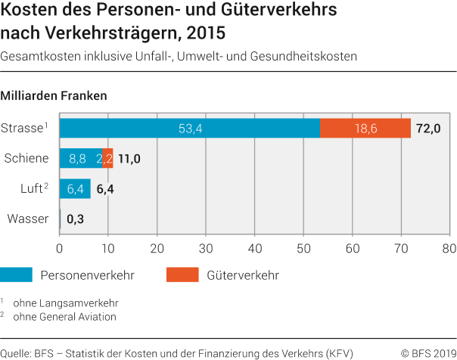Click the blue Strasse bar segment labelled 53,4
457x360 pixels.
pos(190,129)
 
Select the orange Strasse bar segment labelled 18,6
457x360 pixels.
pos(365,129)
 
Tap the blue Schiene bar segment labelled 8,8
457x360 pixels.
pos(80,159)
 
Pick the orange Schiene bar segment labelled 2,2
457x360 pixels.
pos(107,159)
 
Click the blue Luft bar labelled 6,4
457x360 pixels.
pos(75,189)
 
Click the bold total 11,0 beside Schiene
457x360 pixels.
pos(129,159)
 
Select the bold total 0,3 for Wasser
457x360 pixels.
pos(75,220)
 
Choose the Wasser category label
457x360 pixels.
pos(28,219)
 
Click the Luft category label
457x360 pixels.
pos(30,189)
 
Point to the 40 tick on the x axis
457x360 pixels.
pos(254,247)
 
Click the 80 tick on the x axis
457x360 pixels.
pos(449,247)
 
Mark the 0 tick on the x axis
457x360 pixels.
pos(59,247)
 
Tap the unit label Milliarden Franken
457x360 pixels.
pos(54,96)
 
